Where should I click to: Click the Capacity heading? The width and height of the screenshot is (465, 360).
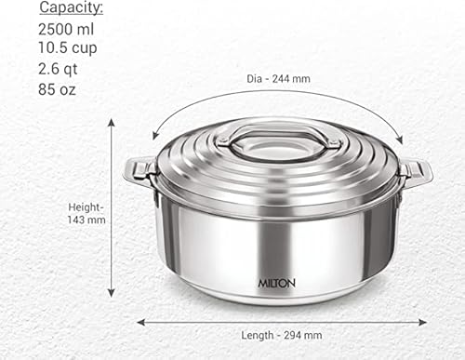(x=70, y=8)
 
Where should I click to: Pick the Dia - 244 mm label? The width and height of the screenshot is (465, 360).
(x=280, y=79)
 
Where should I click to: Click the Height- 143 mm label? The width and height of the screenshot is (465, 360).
(x=86, y=213)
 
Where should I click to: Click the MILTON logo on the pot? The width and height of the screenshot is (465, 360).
(x=277, y=276)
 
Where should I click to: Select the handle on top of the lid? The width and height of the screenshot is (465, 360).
(x=273, y=140)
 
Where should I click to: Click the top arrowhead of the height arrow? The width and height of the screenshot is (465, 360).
(x=112, y=122)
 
